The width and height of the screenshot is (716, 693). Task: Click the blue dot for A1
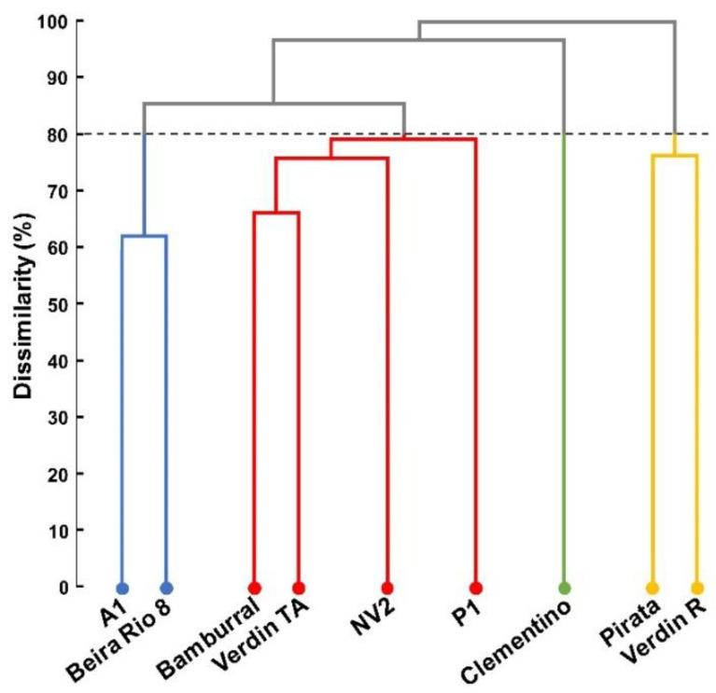click(x=122, y=588)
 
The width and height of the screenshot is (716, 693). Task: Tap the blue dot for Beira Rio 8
click(x=166, y=588)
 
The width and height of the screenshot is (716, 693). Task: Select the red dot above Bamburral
click(x=254, y=588)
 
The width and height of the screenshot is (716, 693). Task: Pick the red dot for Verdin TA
click(x=299, y=588)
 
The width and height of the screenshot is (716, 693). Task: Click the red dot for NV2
click(x=386, y=588)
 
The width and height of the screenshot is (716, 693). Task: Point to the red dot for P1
click(x=475, y=588)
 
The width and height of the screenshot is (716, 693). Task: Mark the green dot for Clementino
click(x=563, y=588)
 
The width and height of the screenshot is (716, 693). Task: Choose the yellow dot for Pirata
click(x=652, y=588)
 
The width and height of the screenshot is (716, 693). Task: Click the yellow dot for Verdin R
click(x=696, y=588)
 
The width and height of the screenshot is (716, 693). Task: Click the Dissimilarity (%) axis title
click(x=25, y=304)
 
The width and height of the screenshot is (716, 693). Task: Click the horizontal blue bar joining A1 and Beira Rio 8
click(x=144, y=236)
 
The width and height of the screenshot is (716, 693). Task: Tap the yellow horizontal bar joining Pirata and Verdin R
click(x=674, y=156)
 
